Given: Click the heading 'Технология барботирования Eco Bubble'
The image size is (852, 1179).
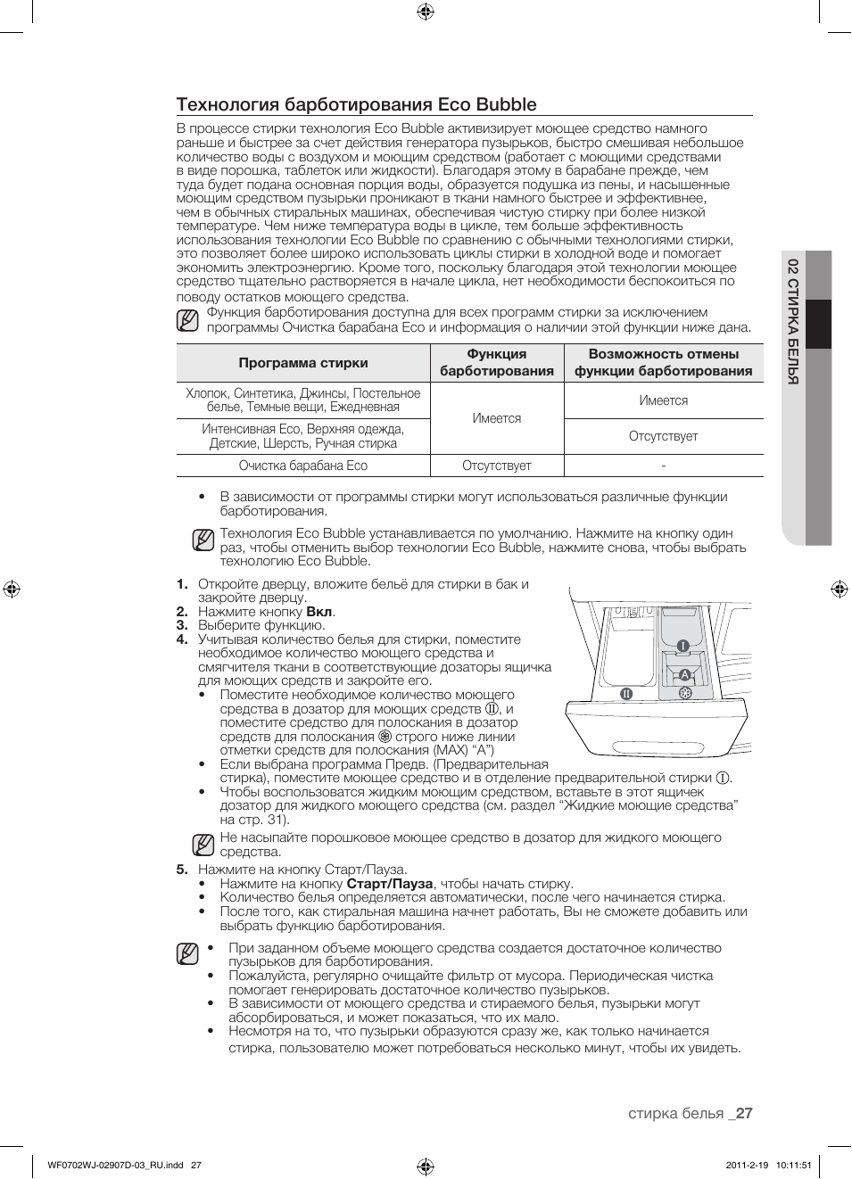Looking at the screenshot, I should point(356,104).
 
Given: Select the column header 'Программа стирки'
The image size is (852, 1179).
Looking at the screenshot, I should point(302,363).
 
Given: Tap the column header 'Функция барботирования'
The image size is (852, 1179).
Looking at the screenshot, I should point(496,363).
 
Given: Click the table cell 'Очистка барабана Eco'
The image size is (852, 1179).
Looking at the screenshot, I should point(302,466).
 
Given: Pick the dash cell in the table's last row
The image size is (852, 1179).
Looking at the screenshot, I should point(663,466).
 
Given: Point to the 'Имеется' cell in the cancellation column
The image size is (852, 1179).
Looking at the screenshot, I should point(663,400).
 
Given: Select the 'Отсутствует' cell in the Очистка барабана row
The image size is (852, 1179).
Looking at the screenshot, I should point(496,466).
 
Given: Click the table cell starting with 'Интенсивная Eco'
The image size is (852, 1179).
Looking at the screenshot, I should point(302,436).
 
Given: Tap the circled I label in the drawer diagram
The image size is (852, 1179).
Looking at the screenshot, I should point(682,646).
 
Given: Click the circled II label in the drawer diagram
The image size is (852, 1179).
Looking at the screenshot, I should point(626,693).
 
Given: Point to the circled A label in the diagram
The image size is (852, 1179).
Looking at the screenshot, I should point(684,675).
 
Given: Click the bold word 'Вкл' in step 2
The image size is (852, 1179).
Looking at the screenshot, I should point(319,612).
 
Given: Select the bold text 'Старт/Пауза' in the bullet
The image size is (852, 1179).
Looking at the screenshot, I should point(389,884).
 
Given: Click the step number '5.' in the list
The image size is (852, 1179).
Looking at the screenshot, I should point(182,870).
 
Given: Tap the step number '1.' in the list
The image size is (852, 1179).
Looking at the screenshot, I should point(182,584).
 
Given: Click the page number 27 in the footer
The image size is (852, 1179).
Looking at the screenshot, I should point(744,1113).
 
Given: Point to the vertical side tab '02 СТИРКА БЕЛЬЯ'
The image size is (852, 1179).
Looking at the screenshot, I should point(792,320).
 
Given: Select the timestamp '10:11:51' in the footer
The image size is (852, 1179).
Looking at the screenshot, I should point(769,1165).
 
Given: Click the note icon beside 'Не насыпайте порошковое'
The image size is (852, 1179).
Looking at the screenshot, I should point(203,844).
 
